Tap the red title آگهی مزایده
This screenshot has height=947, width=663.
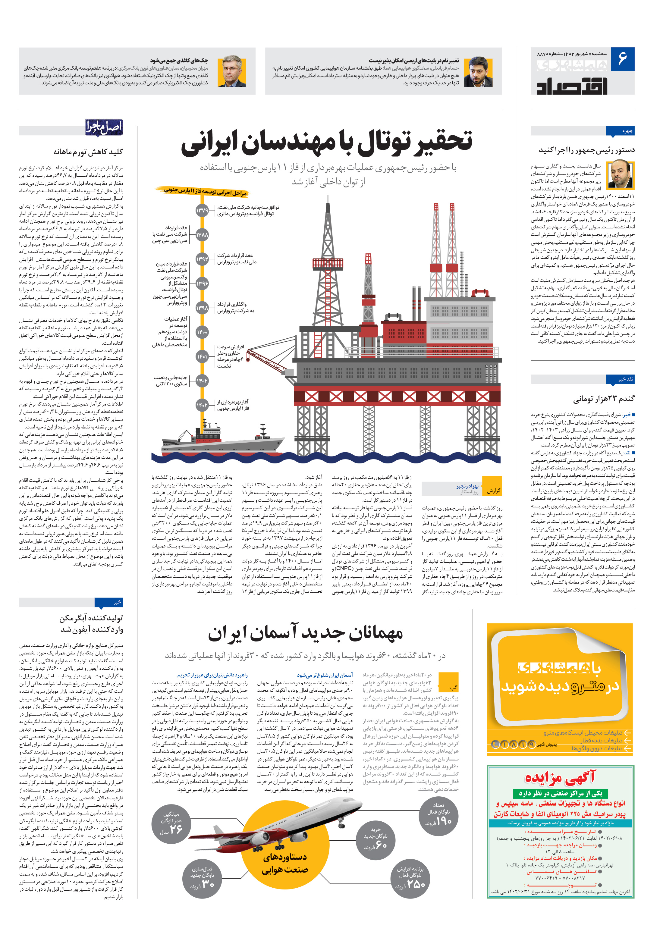point(560,778)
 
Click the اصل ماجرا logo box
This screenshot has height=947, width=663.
point(104,127)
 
